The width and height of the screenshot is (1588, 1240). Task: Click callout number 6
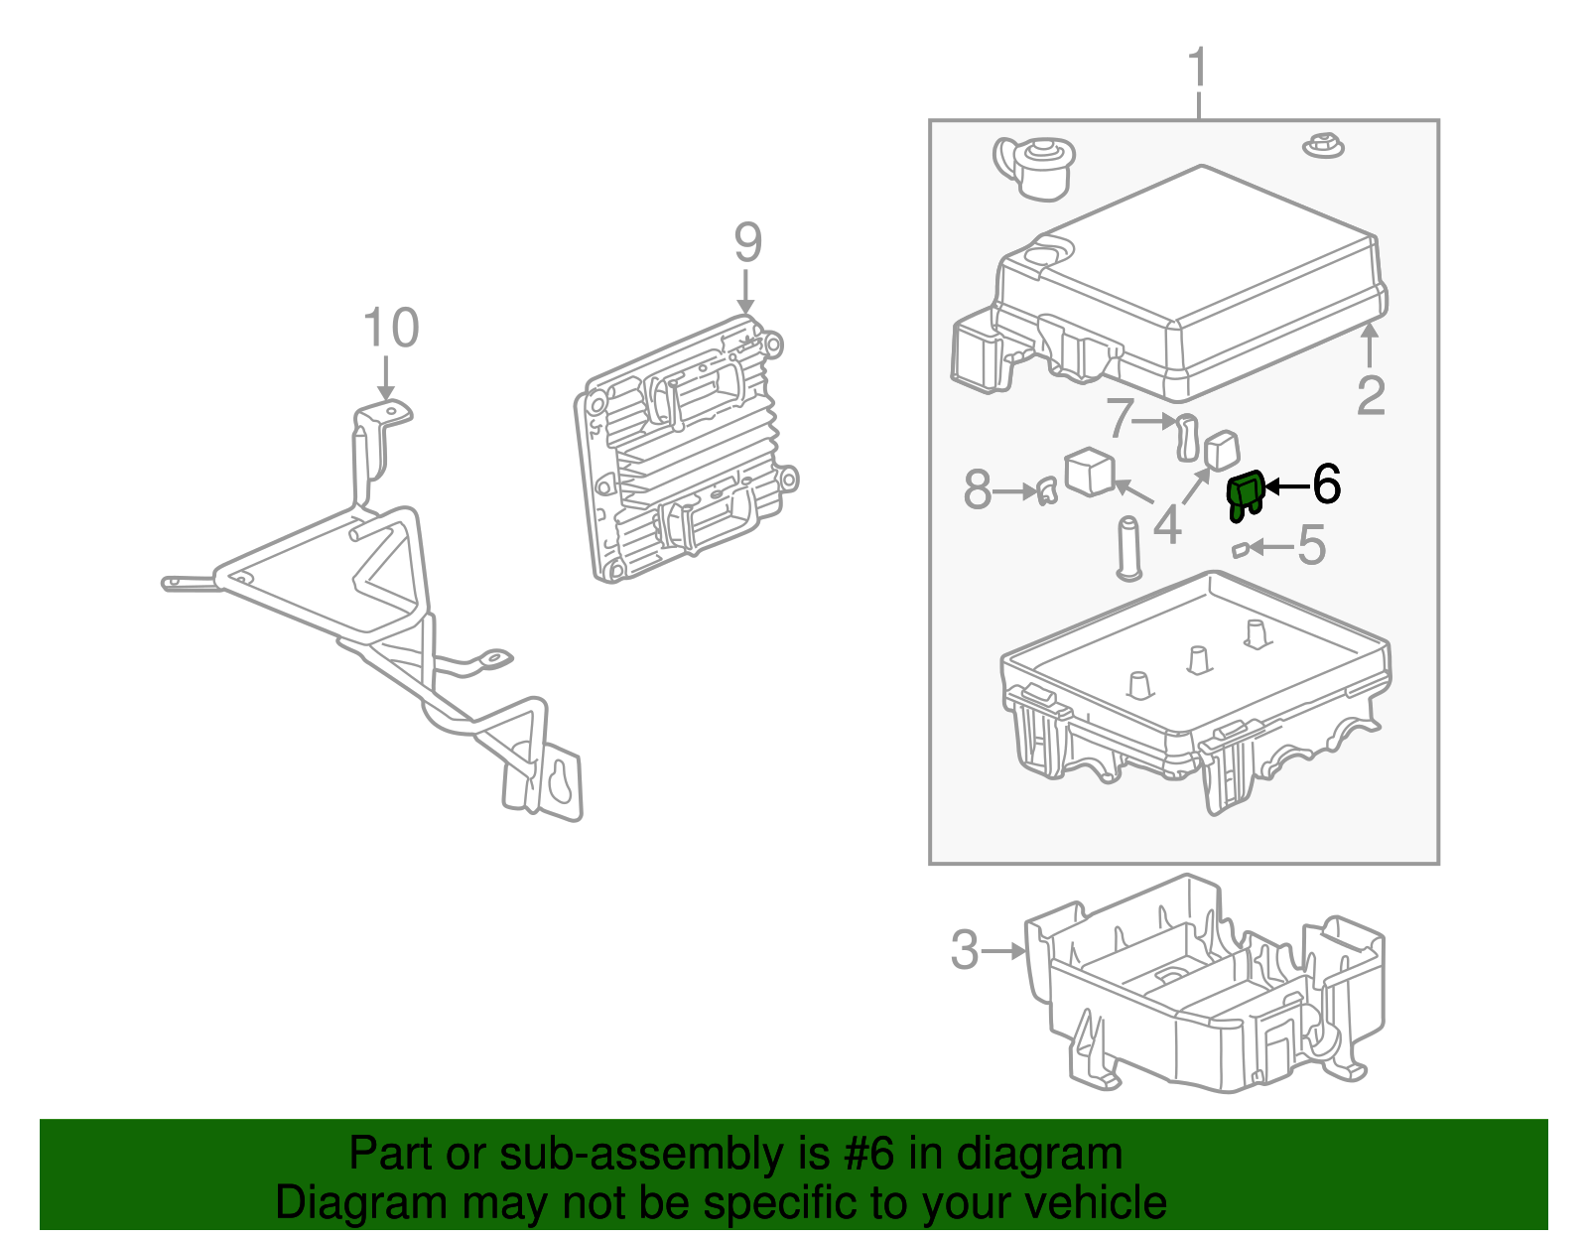(1326, 484)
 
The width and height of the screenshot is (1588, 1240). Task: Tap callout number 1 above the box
(1199, 68)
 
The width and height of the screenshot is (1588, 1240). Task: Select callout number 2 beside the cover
(1371, 395)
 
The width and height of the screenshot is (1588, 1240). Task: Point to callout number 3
(965, 950)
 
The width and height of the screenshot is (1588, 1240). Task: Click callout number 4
(1167, 524)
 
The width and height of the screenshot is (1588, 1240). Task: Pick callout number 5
(1312, 545)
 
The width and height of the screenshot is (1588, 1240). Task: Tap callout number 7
(1120, 418)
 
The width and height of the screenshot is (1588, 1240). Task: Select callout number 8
(978, 489)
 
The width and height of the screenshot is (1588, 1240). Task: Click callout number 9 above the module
(747, 243)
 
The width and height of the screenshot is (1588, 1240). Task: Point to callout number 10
(390, 328)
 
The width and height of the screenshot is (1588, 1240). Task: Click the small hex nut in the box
(1322, 145)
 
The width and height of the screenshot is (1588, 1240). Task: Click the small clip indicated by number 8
(1045, 490)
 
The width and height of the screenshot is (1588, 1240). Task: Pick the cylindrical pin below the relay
(1127, 547)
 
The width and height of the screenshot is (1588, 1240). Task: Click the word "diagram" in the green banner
(1039, 1154)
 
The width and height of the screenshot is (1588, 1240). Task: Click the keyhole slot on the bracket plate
(562, 781)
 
